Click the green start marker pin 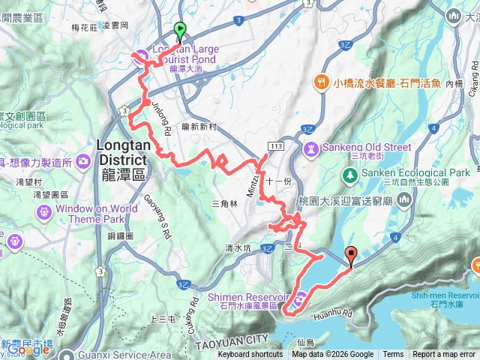point(180,31)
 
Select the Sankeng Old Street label point(366,147)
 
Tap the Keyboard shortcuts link point(250,355)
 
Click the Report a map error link point(444,355)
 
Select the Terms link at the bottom point(393,355)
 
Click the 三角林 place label point(225,203)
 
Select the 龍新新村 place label point(199,127)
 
